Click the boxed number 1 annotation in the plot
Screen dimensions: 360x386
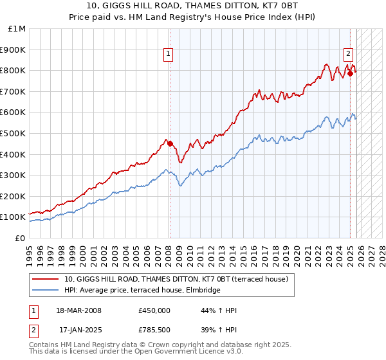168,55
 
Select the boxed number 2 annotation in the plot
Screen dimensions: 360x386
348,55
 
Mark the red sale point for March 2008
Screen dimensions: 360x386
170,143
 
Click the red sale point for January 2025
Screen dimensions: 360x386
350,73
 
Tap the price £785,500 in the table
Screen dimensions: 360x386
154,330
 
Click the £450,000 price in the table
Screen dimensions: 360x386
154,310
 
